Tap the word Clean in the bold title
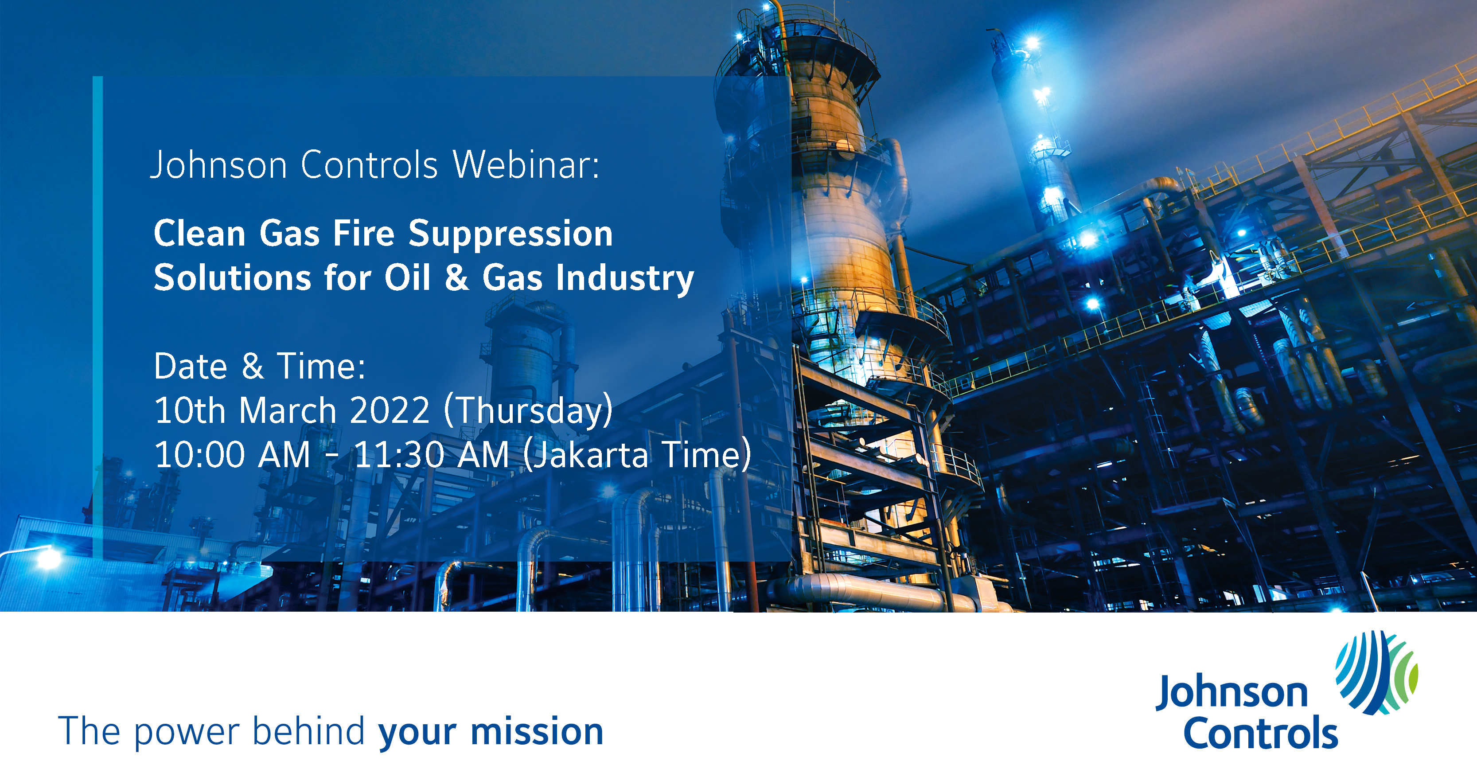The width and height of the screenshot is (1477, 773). [199, 234]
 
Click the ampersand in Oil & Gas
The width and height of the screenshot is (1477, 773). [456, 277]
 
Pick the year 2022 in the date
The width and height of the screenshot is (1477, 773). [390, 410]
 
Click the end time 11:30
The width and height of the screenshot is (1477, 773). [400, 455]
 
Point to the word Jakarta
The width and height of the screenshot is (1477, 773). [586, 455]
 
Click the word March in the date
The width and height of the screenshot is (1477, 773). [287, 410]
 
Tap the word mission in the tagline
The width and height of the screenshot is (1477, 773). [537, 732]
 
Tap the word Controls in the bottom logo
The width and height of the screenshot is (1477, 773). [1261, 733]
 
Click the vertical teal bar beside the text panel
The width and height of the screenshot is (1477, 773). [97, 318]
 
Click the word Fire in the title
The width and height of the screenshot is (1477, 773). [364, 234]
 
